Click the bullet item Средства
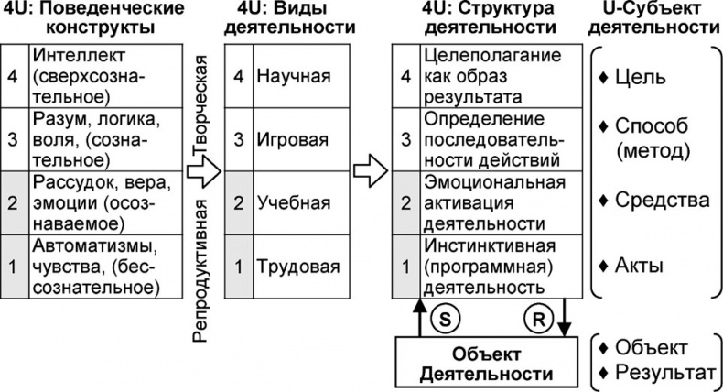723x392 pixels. (651, 200)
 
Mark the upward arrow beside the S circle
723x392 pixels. (420, 317)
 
